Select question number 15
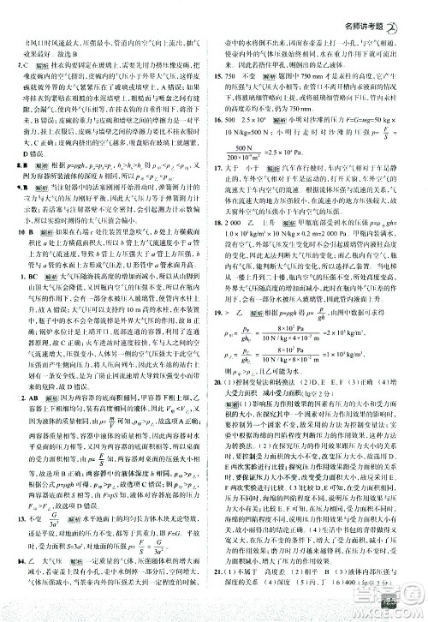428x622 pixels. [221, 76]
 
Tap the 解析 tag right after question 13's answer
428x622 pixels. [76, 541]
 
